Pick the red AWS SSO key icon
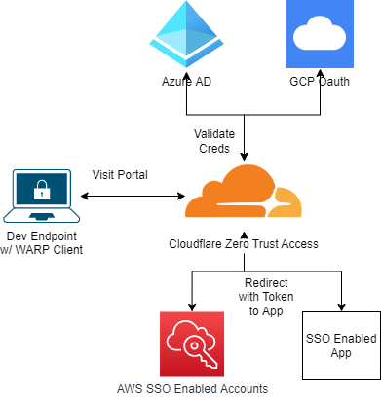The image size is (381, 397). [192, 344]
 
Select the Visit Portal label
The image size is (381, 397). [123, 176]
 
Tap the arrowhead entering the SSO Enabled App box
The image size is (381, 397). [342, 307]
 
